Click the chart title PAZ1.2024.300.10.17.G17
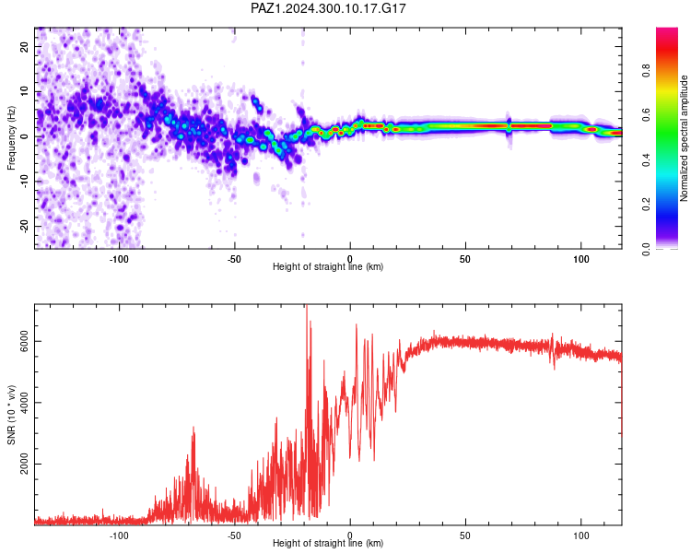click(x=328, y=8)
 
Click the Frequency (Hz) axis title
click(x=11, y=138)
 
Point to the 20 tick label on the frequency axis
click(x=24, y=46)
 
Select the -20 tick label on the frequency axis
click(x=24, y=226)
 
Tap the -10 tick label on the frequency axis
click(x=24, y=182)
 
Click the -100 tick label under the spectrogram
click(x=119, y=259)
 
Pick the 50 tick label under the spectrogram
click(x=465, y=259)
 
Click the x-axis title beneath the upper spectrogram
click(x=328, y=266)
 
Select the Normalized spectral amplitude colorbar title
click(x=684, y=138)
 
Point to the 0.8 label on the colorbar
click(x=646, y=71)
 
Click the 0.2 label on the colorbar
click(x=646, y=205)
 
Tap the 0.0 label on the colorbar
click(x=646, y=249)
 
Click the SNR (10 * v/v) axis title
click(x=11, y=415)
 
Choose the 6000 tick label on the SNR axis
click(x=24, y=341)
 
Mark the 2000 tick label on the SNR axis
click(x=24, y=464)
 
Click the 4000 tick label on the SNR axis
click(x=24, y=403)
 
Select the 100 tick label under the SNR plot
click(x=580, y=535)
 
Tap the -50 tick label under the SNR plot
click(x=234, y=535)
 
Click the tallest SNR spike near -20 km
click(x=307, y=307)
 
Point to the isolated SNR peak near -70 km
click(x=193, y=428)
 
